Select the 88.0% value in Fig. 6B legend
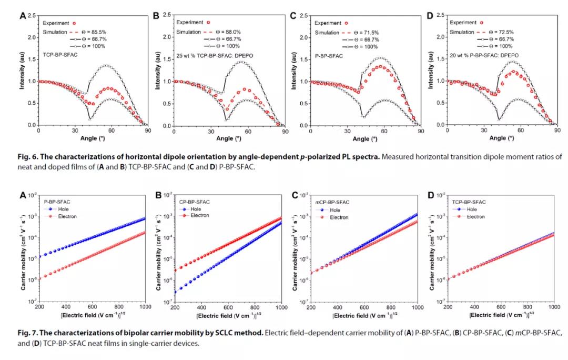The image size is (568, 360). (x=236, y=32)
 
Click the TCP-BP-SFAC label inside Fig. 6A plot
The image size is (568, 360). (x=58, y=55)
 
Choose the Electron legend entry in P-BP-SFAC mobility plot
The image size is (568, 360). (x=63, y=216)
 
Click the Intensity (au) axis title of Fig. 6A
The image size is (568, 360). (x=23, y=72)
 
